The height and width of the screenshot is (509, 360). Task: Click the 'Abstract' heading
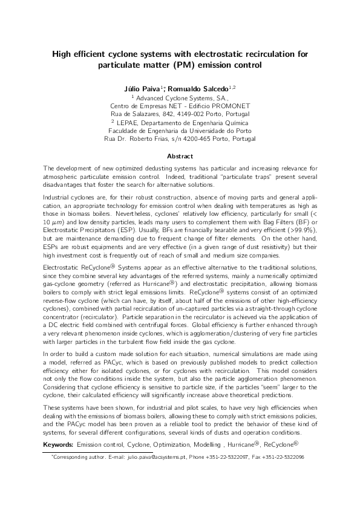pyautogui.click(x=180, y=155)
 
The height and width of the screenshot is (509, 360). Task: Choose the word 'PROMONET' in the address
pyautogui.click(x=229, y=105)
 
